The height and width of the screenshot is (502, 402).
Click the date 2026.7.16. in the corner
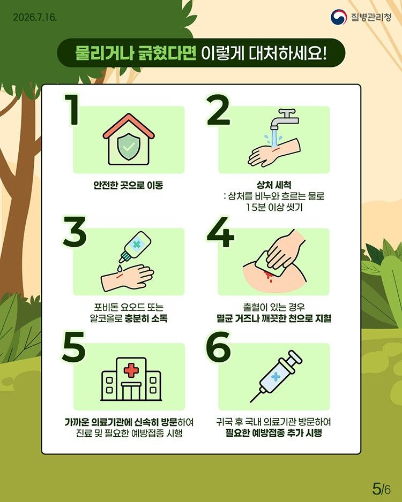pyautogui.click(x=35, y=17)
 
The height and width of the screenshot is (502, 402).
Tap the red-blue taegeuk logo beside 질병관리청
pyautogui.click(x=339, y=17)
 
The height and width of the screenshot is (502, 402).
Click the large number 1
pyautogui.click(x=72, y=110)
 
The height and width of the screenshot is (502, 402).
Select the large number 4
pyautogui.click(x=220, y=232)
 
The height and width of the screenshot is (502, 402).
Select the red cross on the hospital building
pyautogui.click(x=131, y=371)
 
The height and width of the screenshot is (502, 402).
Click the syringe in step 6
pyautogui.click(x=276, y=377)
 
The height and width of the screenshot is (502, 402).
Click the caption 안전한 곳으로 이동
pyautogui.click(x=128, y=185)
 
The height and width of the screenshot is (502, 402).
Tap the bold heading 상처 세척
pyautogui.click(x=274, y=185)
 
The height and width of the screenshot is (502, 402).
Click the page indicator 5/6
pyautogui.click(x=382, y=489)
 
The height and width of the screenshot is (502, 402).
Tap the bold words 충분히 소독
pyautogui.click(x=146, y=318)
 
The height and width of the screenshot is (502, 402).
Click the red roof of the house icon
pyautogui.click(x=129, y=126)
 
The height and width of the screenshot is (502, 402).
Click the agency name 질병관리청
pyautogui.click(x=371, y=17)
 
